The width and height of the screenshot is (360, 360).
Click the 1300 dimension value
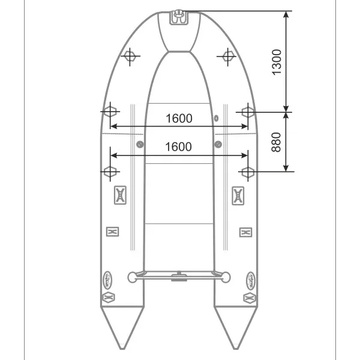[276, 62]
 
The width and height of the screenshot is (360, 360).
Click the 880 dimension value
[276, 142]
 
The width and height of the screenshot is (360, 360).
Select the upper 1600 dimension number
[178, 118]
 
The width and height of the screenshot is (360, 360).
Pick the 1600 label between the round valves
[178, 146]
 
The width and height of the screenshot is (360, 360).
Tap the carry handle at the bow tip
[178, 17]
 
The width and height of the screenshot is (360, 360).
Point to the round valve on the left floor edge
[140, 143]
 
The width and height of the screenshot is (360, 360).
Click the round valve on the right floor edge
[218, 143]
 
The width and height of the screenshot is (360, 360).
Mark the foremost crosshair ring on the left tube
[129, 56]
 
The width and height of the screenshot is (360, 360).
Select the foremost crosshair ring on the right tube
[227, 56]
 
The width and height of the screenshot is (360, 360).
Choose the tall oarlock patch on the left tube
[119, 195]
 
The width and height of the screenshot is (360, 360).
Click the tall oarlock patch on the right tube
[238, 195]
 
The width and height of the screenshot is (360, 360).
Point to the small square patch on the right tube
[245, 232]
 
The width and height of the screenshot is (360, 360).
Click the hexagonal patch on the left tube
[109, 296]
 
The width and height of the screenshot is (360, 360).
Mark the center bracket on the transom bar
[178, 277]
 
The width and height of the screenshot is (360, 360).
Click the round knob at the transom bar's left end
[133, 277]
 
